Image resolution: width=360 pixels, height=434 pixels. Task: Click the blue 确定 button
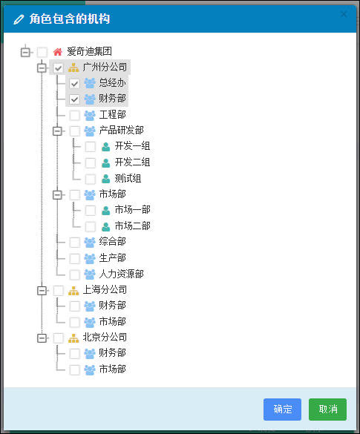click(282, 409)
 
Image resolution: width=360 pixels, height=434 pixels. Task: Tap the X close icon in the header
click(344, 14)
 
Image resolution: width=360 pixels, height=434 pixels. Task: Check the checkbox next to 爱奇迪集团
click(42, 52)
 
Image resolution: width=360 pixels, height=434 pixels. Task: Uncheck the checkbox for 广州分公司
click(58, 68)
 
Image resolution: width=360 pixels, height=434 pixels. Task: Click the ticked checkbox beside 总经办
click(74, 84)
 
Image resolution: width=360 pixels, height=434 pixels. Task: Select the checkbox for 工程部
click(74, 116)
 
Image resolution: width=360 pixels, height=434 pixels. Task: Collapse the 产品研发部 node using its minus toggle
click(57, 131)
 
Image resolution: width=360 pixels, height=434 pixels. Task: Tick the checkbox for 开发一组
click(91, 147)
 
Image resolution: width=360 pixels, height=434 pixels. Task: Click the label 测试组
click(128, 179)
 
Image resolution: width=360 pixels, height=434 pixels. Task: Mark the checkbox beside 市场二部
click(91, 227)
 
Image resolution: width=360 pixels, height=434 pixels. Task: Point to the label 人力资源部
click(121, 274)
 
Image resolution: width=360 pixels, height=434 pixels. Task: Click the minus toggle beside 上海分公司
click(42, 291)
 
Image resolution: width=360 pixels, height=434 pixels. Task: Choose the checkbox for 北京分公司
click(58, 338)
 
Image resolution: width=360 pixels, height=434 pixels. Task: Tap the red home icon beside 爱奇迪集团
click(58, 52)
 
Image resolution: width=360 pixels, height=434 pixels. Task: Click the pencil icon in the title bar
click(19, 19)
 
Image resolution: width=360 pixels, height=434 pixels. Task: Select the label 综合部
click(112, 242)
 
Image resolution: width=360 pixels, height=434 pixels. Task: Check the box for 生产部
click(74, 259)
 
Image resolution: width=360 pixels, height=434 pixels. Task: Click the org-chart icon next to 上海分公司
click(73, 291)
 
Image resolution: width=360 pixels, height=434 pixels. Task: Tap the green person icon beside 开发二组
click(106, 163)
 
